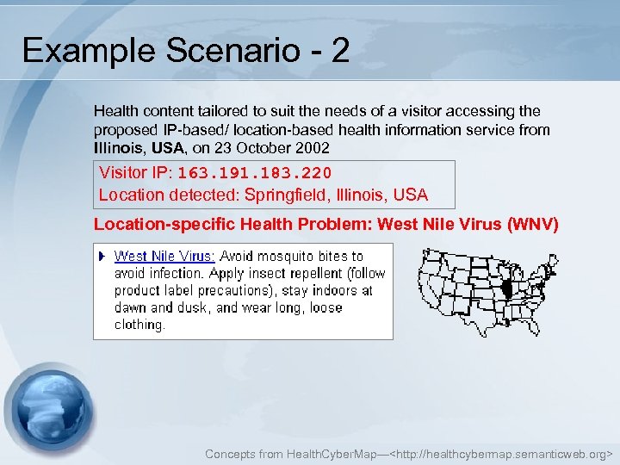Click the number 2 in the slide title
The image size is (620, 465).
(340, 52)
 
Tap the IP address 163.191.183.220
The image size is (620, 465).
(254, 172)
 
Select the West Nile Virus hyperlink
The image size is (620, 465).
(164, 256)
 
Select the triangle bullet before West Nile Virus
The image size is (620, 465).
(102, 256)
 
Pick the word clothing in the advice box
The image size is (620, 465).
(139, 325)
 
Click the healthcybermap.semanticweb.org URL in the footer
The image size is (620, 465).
(503, 453)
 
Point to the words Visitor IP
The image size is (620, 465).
(135, 172)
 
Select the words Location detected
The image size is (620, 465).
(168, 195)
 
